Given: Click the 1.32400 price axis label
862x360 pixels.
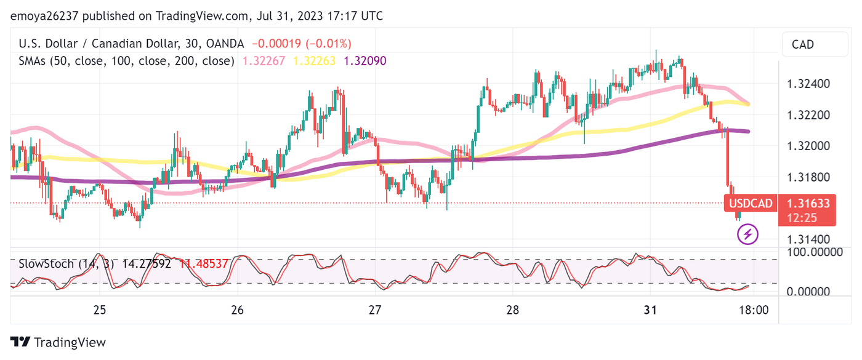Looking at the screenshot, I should click(x=809, y=84).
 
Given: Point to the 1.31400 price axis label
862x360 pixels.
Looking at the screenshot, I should click(x=809, y=239).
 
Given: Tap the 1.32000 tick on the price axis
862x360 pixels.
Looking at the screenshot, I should click(x=809, y=146).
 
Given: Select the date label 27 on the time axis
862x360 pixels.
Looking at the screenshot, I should click(x=375, y=310).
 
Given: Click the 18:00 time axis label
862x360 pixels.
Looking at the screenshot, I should click(x=753, y=310).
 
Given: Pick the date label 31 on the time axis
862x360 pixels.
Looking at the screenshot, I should click(x=651, y=310).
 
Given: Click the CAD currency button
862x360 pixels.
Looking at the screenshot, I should click(x=802, y=44).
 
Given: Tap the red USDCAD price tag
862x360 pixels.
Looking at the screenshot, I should click(x=751, y=204).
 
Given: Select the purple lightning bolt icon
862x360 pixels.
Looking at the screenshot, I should click(x=747, y=234).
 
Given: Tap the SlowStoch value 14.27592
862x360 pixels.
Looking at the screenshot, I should click(x=148, y=263).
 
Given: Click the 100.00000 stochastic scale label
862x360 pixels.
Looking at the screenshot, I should click(x=815, y=252).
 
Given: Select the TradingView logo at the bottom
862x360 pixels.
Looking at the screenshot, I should click(x=58, y=342).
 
